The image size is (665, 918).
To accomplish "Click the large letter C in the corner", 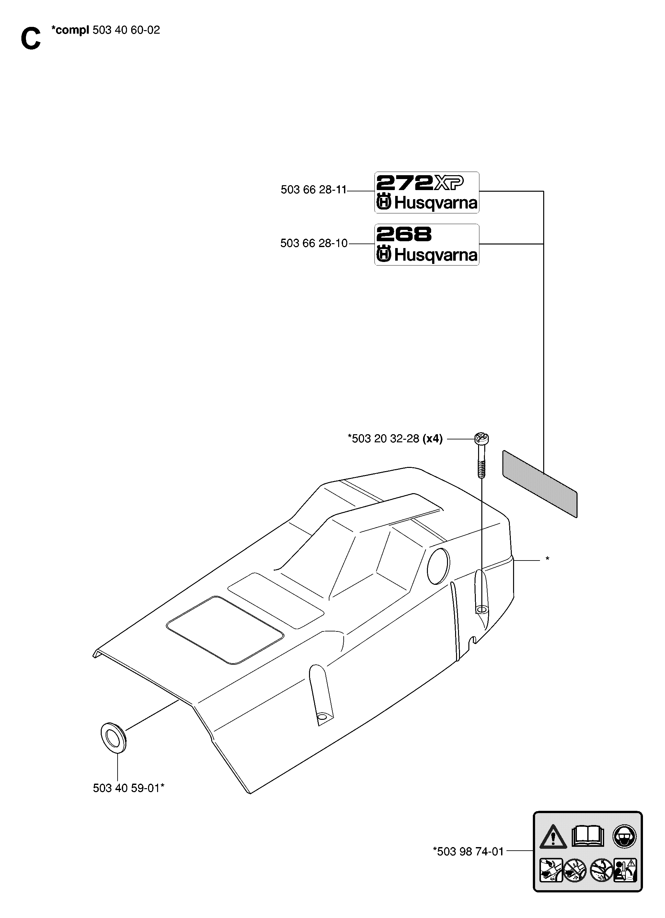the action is pos(31,39).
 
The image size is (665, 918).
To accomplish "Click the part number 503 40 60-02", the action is pos(126,30).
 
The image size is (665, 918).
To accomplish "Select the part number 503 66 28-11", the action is pos(314,189).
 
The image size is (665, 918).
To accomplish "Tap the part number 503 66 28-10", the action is pos(314,243).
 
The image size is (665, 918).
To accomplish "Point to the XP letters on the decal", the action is pos(449,183).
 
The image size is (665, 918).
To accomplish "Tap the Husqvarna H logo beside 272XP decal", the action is pos(384,202).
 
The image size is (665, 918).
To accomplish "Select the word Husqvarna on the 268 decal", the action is pos(435,255).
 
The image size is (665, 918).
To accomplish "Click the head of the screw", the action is pos(482,437).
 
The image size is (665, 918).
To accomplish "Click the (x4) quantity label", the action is pos(432,439).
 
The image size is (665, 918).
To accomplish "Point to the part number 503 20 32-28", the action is pos(383,439).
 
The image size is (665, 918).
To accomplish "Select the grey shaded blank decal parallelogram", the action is pos(540,484).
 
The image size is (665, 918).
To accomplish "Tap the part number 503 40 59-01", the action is pos(128,788).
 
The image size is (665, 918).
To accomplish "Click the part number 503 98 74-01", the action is pos(468,852).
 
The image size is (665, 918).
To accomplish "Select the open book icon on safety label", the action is pos(588,836).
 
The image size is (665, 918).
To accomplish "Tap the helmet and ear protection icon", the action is pos(624,836).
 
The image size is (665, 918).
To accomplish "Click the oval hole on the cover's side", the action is pos(438,566).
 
